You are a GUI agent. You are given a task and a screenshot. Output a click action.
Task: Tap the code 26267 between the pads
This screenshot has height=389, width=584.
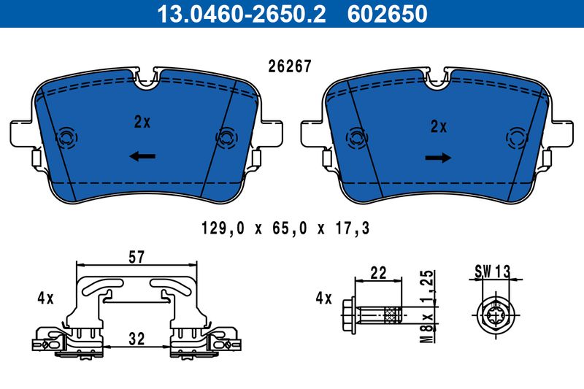[x=291, y=66]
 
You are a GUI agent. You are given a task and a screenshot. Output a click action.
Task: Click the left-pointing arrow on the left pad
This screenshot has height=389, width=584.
[x=142, y=155]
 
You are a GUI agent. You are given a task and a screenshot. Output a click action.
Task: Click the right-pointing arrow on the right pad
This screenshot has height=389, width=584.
[x=438, y=158]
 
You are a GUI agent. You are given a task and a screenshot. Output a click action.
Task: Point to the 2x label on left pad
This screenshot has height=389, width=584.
[x=142, y=123]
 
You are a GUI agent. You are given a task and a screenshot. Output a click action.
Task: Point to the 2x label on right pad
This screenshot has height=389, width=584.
[x=438, y=126]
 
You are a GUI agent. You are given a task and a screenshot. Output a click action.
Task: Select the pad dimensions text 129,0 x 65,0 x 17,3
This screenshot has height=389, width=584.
[x=285, y=228]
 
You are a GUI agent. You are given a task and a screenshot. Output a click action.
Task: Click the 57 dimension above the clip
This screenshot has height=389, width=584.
[x=136, y=256]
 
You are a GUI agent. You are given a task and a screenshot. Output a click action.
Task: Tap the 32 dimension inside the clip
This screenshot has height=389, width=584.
[x=136, y=338]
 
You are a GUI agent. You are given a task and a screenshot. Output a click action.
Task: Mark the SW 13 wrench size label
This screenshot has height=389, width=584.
[x=491, y=271]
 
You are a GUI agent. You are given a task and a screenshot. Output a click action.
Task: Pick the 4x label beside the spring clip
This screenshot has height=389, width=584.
[x=45, y=298]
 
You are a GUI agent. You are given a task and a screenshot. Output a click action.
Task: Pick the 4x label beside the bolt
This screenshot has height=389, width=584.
[x=323, y=298]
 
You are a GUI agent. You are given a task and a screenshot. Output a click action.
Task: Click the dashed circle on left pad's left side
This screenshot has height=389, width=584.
[x=66, y=137]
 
